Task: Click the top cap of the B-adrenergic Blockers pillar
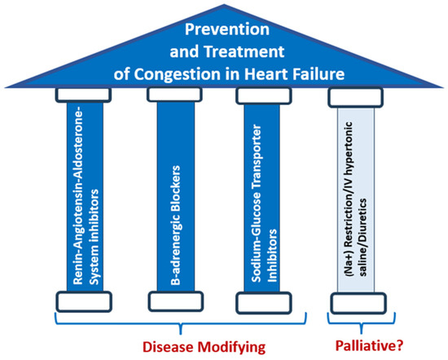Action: click(174, 96)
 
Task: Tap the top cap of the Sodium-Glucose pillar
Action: click(264, 96)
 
